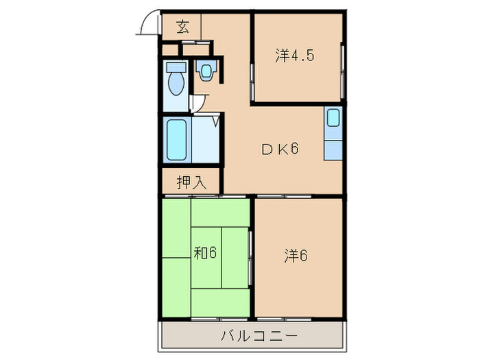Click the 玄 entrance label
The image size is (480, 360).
(182, 27)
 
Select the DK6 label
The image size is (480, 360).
(278, 149)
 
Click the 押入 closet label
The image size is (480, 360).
(191, 182)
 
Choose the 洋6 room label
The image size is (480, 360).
(296, 256)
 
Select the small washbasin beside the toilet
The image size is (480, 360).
(206, 70)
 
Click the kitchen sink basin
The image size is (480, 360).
(333, 118)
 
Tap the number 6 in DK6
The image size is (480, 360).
(293, 149)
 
